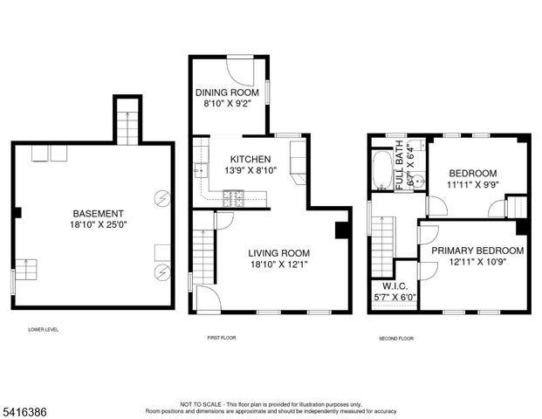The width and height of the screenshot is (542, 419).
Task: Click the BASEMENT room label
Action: [x=98, y=213]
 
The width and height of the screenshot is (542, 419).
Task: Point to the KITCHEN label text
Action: [x=250, y=159]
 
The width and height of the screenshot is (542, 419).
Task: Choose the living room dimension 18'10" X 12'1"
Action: [x=271, y=263]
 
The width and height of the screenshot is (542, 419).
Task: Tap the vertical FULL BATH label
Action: [x=400, y=165]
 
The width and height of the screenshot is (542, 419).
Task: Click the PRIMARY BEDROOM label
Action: [x=477, y=251]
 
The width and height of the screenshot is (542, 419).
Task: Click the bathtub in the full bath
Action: [x=381, y=170]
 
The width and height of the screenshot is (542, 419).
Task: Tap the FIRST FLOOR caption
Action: [x=219, y=337]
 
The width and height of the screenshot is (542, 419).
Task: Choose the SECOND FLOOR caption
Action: [x=395, y=337]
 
